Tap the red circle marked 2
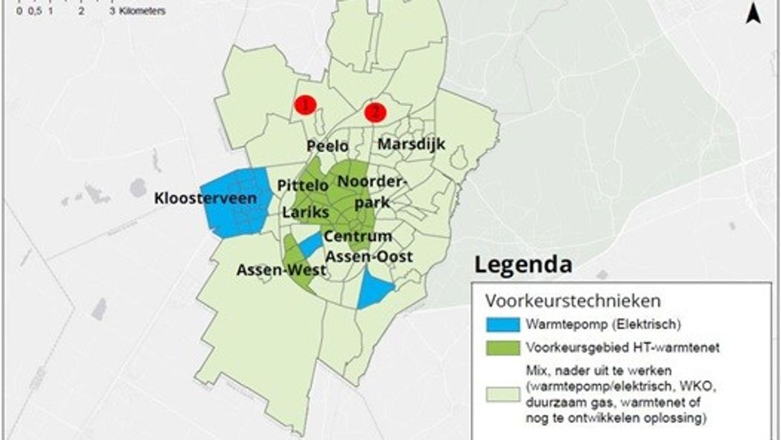pyautogui.click(x=375, y=112)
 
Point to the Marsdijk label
pyautogui.click(x=412, y=143)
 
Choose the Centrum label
pyautogui.click(x=357, y=236)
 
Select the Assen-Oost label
pyautogui.click(x=368, y=256)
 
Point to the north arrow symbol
pyautogui.click(x=753, y=13)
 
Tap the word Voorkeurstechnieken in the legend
pyautogui.click(x=573, y=301)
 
